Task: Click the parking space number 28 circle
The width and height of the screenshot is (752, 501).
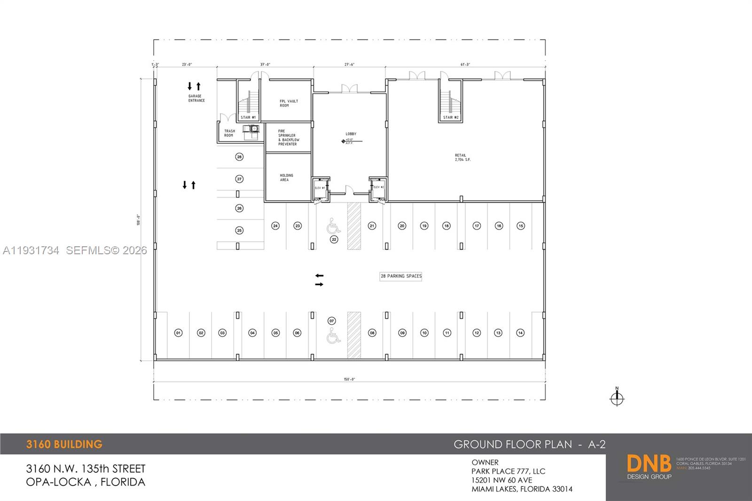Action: pos(239,157)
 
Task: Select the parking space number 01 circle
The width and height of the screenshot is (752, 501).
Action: pos(178,333)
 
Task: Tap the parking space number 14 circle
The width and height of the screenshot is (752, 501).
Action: pos(520,333)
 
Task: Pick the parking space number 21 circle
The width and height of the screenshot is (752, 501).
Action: pos(372,226)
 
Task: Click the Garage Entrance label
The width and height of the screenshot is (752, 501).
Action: pos(196,98)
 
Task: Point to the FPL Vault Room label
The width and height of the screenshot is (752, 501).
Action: pos(288,103)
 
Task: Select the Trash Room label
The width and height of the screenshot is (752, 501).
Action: pos(229,133)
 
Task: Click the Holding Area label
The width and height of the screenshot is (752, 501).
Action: pos(286,178)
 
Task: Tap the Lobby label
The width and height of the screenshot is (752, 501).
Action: pos(351,134)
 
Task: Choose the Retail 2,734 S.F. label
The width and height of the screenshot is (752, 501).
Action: pos(462,157)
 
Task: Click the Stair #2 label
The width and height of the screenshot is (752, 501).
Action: pos(451,117)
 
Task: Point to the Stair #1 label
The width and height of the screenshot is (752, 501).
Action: pos(248,117)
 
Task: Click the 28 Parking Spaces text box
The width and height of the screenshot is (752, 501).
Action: pos(401,276)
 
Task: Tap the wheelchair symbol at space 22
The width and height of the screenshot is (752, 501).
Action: pos(333,226)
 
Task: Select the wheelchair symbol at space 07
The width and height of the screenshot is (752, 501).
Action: pos(333,336)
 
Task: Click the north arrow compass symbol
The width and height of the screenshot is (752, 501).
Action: pos(617,399)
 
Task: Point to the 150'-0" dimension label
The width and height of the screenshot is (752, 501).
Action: pos(349,379)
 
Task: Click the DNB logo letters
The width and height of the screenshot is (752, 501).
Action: pos(649,464)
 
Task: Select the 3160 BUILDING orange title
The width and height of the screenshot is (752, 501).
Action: pos(64,444)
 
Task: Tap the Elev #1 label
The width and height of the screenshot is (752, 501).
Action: pos(320,188)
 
